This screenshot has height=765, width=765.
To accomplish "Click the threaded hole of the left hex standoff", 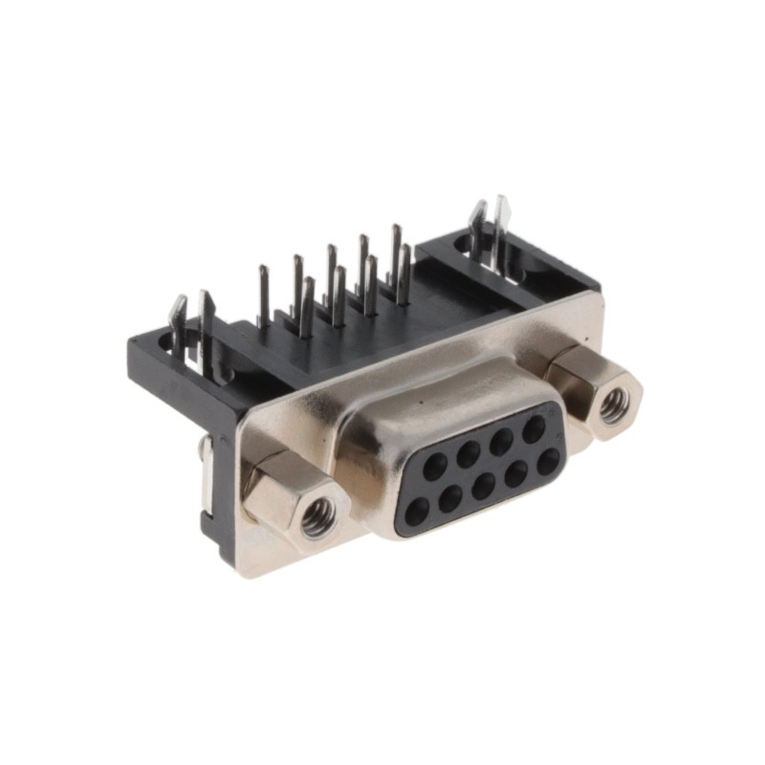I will [x=317, y=517].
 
